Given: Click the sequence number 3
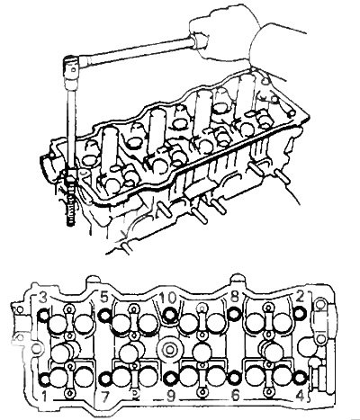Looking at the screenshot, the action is point(43,298).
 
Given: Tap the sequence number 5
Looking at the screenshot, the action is point(104,298).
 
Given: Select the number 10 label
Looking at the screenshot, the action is point(167,298).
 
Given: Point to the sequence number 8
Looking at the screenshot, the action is point(234,298).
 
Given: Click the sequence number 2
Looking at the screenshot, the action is point(301,296).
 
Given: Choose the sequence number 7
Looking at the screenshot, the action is point(105,397).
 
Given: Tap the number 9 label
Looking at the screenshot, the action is point(171,397).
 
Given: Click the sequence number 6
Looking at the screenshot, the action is point(236,396).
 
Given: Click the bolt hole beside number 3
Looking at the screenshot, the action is point(44,315).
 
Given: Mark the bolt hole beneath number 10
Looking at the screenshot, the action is point(171,314).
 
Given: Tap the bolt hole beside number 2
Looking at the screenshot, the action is point(300,313).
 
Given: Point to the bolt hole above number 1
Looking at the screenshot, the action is point(45,380).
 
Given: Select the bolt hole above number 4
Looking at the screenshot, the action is point(300,378).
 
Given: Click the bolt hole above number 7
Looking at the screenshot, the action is point(105,380).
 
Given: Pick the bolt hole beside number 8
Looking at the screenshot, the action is point(233,314).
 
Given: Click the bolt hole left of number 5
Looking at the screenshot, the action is point(105,315).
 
